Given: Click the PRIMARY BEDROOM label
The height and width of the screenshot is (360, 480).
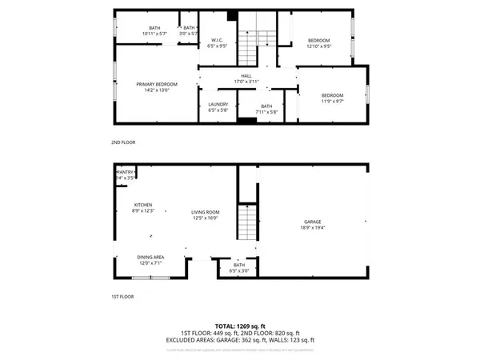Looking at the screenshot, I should click(x=156, y=84).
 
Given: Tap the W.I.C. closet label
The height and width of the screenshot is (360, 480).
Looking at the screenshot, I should click(x=216, y=41).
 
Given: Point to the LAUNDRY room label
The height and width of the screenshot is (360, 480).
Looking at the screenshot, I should click(x=218, y=104).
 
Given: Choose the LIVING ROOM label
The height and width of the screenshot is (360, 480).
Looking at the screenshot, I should click(x=206, y=212).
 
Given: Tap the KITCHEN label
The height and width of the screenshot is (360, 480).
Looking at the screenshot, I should click(x=143, y=205).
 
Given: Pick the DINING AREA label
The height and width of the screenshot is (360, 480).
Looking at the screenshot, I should click(x=150, y=257).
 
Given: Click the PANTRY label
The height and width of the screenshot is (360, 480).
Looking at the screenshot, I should click(x=126, y=172).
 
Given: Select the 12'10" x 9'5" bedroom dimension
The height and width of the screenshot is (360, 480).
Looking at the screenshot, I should click(x=318, y=46).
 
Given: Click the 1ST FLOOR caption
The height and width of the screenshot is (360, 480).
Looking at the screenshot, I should click(x=122, y=296).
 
